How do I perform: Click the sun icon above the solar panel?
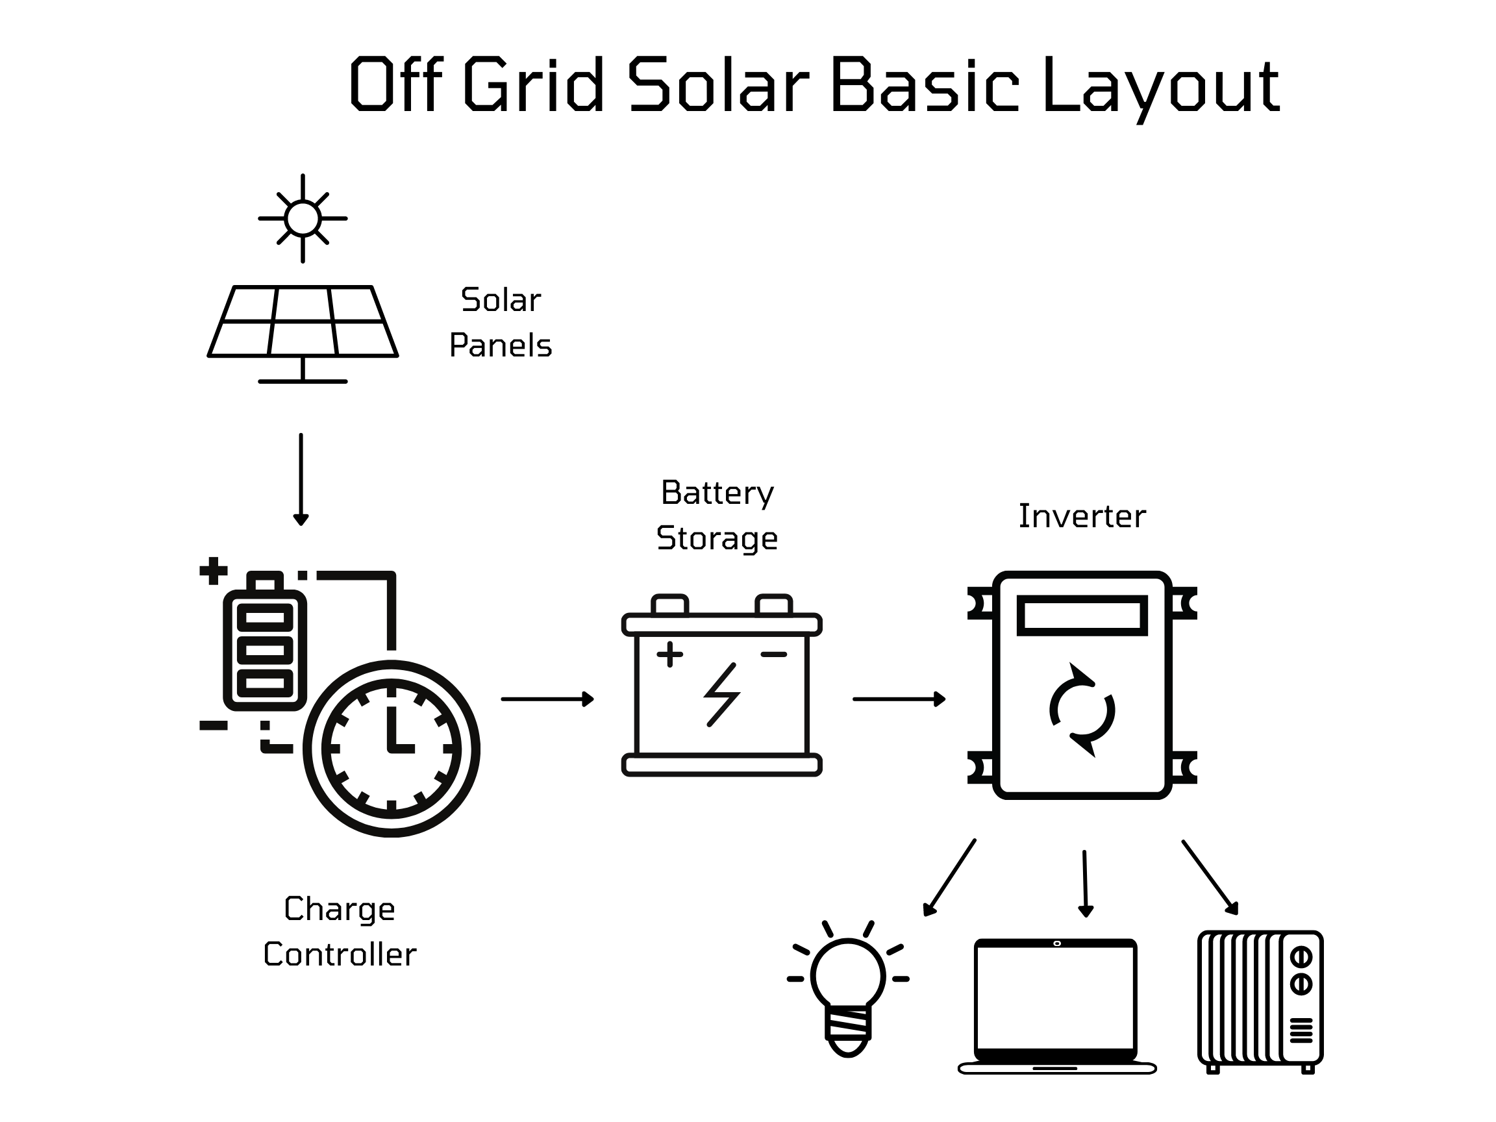303,218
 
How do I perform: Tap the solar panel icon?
303,322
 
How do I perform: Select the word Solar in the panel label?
501,300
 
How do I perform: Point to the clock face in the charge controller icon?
391,749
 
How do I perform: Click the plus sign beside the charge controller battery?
213,570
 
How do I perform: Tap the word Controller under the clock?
340,955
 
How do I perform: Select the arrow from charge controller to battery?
547,699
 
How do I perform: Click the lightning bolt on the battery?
721,695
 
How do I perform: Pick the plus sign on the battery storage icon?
669,654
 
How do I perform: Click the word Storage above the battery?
717,538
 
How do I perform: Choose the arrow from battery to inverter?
898,699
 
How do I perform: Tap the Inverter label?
1082,517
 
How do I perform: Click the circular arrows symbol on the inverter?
1082,710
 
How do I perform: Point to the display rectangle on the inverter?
1082,616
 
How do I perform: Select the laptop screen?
1055,997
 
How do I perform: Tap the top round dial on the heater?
1301,957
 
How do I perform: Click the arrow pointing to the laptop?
1085,882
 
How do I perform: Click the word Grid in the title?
534,84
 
